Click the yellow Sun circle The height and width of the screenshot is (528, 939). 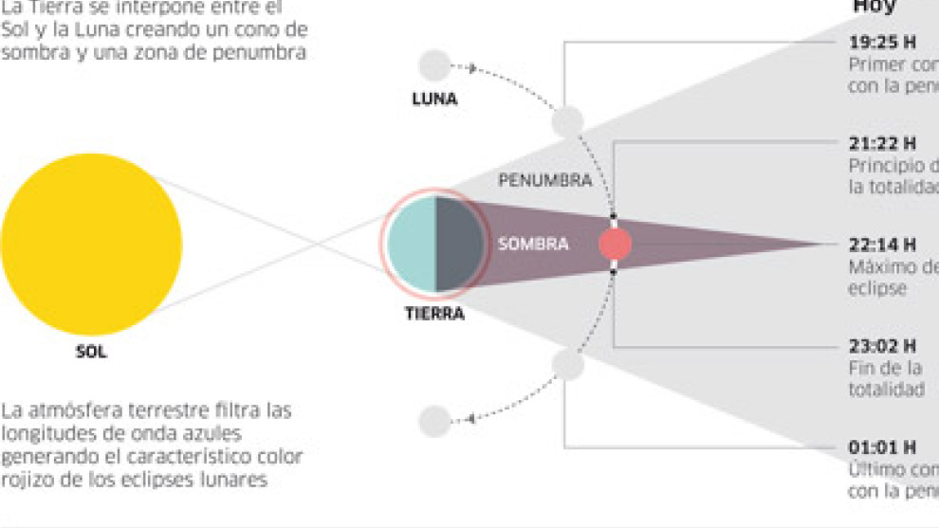point(91,244)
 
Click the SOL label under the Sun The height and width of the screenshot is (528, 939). point(91,353)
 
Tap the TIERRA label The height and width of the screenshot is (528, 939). point(434,314)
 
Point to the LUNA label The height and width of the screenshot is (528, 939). point(434,98)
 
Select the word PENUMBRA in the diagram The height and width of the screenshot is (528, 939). point(544,180)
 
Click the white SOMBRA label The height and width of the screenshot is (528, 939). point(533,245)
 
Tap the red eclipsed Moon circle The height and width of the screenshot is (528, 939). point(615,245)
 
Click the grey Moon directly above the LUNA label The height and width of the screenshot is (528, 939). point(434,65)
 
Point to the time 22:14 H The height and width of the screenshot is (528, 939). point(881,245)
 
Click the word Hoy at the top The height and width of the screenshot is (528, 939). point(875,7)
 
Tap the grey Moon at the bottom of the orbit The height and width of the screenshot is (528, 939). point(434,421)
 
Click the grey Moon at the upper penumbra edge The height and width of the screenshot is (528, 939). point(567,121)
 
